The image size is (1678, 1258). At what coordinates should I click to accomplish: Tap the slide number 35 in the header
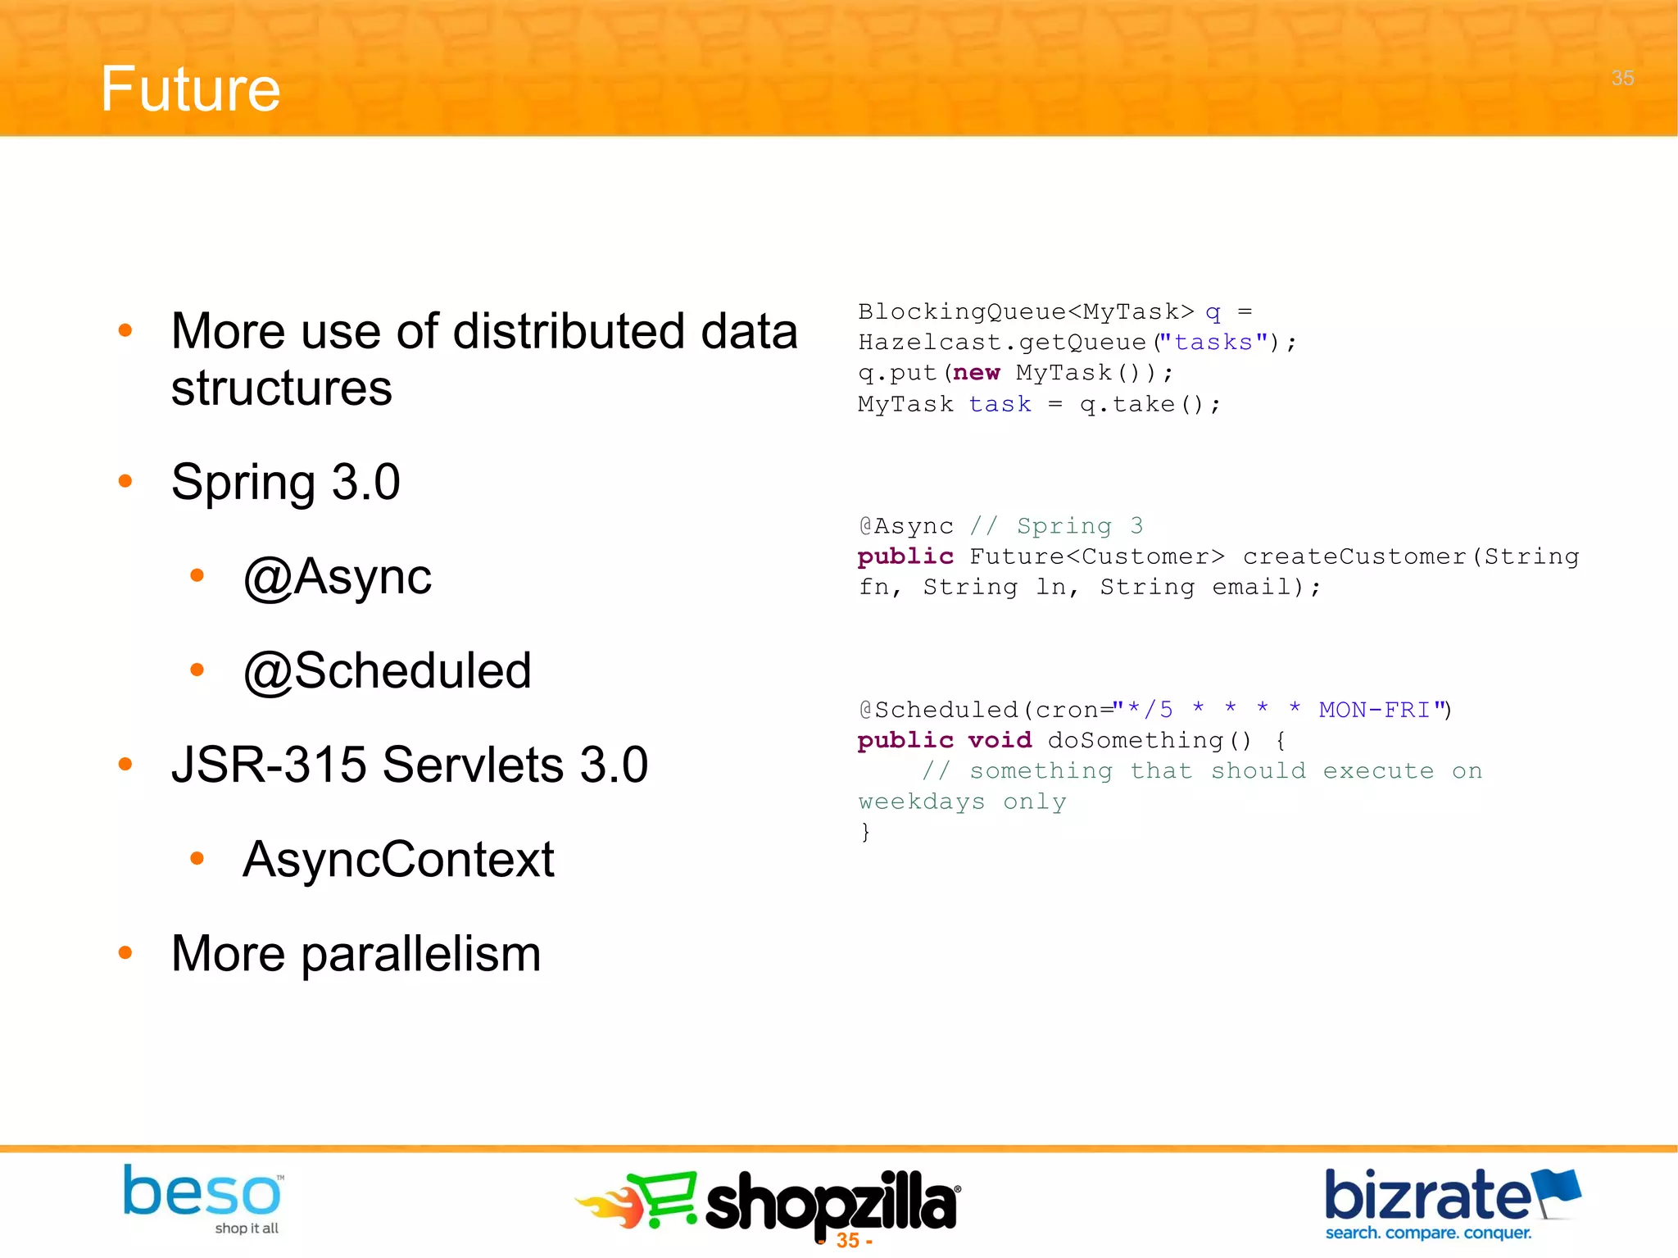[x=1622, y=78]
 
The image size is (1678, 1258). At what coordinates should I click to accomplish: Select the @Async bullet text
[x=337, y=576]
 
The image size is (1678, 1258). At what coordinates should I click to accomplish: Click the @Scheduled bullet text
[x=388, y=670]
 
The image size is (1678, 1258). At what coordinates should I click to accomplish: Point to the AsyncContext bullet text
[x=398, y=859]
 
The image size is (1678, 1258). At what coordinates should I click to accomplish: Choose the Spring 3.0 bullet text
[x=285, y=482]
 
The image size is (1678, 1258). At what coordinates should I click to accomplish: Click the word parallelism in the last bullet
[x=421, y=954]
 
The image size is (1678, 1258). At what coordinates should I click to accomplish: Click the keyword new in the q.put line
[x=976, y=373]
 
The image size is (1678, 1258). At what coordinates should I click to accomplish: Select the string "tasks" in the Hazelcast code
[x=1213, y=342]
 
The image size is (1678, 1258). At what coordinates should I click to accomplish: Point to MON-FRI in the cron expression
[x=1374, y=710]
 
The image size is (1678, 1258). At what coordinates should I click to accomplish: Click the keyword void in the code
[x=1000, y=740]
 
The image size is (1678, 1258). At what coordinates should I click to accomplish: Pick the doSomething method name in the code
[x=1136, y=740]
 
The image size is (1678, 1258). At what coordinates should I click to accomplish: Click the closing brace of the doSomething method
[x=865, y=833]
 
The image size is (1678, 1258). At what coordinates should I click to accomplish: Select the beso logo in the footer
[x=202, y=1196]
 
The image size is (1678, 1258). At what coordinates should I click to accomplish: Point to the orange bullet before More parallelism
[x=125, y=952]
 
